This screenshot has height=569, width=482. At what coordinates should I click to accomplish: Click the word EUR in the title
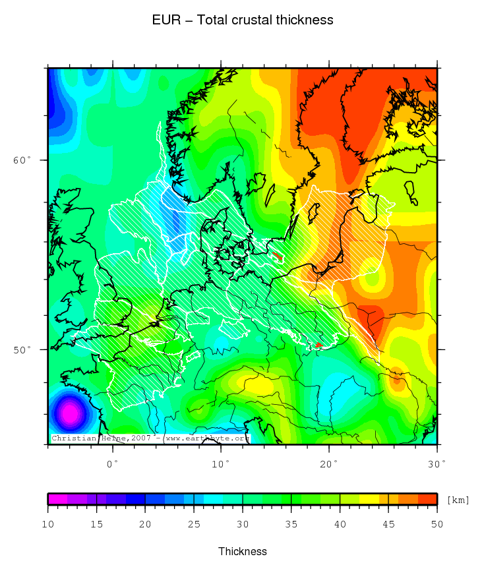[164, 20]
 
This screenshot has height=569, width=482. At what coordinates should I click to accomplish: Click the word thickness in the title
[305, 20]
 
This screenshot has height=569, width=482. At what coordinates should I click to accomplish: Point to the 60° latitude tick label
[22, 160]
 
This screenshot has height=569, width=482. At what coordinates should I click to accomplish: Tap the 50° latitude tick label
[22, 349]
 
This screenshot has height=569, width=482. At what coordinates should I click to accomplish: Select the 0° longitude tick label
[113, 464]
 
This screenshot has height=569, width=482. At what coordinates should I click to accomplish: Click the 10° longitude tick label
[221, 464]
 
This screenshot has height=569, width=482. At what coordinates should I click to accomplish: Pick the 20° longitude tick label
[329, 464]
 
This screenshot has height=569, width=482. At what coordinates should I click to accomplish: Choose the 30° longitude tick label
[437, 464]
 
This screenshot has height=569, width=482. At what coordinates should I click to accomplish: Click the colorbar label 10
[48, 524]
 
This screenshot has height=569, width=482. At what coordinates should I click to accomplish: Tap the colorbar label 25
[194, 524]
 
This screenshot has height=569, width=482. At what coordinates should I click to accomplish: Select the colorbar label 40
[340, 524]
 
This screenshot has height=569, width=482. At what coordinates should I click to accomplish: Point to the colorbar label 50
[437, 524]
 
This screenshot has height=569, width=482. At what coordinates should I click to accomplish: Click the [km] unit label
[458, 500]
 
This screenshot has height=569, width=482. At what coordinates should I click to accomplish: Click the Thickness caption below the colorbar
[242, 551]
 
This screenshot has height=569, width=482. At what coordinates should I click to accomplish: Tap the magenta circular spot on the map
[69, 413]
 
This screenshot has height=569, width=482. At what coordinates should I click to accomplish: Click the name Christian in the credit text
[75, 438]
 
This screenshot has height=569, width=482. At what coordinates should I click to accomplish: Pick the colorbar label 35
[291, 524]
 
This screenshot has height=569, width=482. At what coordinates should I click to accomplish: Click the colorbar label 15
[97, 524]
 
